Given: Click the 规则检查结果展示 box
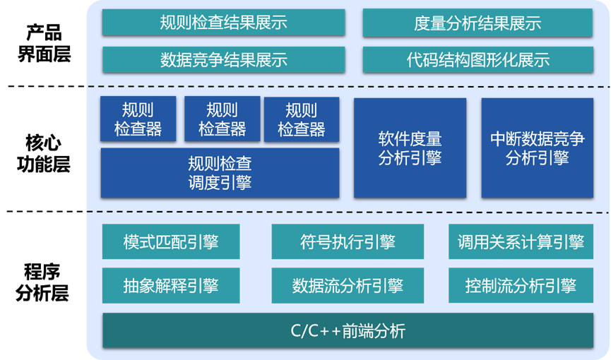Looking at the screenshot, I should pyautogui.click(x=223, y=23).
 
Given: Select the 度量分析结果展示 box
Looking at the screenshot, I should pyautogui.click(x=477, y=23).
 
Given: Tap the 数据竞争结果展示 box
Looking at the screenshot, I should pyautogui.click(x=223, y=60).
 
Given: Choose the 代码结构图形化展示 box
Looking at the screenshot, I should pyautogui.click(x=477, y=60).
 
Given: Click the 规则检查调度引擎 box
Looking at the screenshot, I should pyautogui.click(x=219, y=173).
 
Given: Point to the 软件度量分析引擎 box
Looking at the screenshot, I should pyautogui.click(x=410, y=148).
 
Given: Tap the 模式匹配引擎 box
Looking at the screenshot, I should pyautogui.click(x=171, y=242).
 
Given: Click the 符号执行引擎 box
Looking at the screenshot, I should pyautogui.click(x=348, y=242).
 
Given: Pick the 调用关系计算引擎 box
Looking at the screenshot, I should pyautogui.click(x=521, y=242).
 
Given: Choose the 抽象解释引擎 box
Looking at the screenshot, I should pyautogui.click(x=171, y=285).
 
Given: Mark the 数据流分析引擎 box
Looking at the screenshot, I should pyautogui.click(x=348, y=285).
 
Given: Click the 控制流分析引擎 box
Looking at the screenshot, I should pyautogui.click(x=521, y=285).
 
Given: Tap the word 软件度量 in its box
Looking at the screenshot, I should pyautogui.click(x=410, y=139).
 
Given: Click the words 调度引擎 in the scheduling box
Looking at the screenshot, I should pyautogui.click(x=219, y=182).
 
